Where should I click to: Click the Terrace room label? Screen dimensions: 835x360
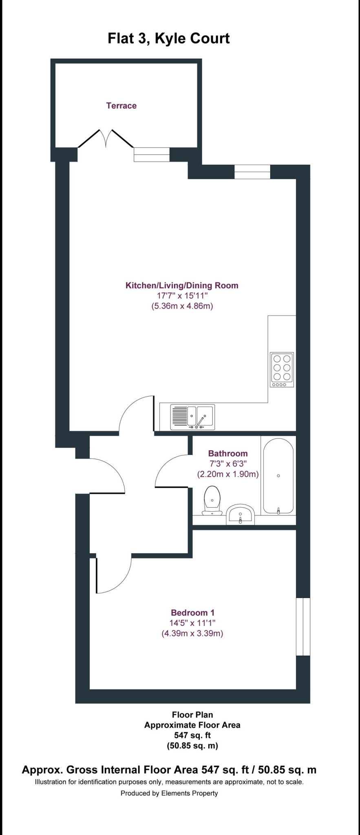pyautogui.click(x=121, y=106)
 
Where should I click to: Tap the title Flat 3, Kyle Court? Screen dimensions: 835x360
pyautogui.click(x=168, y=38)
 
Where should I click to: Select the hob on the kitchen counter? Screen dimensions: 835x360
pyautogui.click(x=282, y=369)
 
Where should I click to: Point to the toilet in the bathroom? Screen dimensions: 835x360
pyautogui.click(x=212, y=501)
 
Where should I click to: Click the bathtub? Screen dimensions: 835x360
pyautogui.click(x=278, y=476)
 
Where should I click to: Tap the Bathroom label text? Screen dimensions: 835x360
pyautogui.click(x=228, y=453)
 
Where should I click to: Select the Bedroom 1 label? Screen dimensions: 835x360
pyautogui.click(x=192, y=612)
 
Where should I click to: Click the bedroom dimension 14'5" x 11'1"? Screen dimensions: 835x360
pyautogui.click(x=192, y=623)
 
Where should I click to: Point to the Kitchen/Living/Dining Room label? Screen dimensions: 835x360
pyautogui.click(x=182, y=285)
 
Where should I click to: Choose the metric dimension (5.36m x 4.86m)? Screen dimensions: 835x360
pyautogui.click(x=182, y=306)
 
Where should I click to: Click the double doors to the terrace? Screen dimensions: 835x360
pyautogui.click(x=106, y=139)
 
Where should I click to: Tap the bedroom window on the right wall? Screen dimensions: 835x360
pyautogui.click(x=303, y=627)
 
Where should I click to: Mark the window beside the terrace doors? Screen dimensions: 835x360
pyautogui.click(x=152, y=155)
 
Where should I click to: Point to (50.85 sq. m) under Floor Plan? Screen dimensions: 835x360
pyautogui.click(x=192, y=746)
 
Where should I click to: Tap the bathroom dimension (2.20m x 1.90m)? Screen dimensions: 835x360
pyautogui.click(x=228, y=475)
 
